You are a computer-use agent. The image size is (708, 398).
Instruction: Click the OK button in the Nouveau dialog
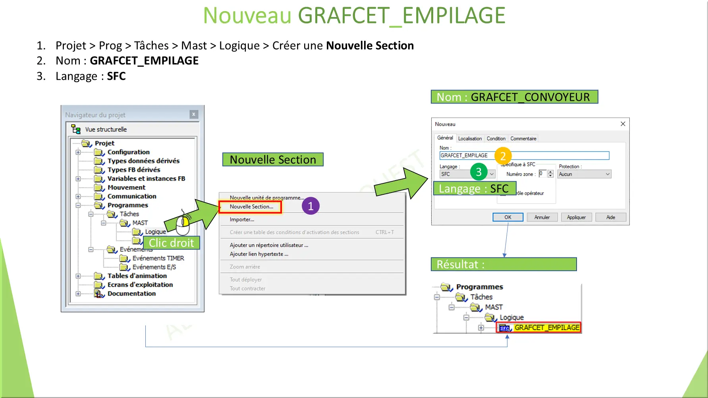507,217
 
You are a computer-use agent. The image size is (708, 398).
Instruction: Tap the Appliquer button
576,217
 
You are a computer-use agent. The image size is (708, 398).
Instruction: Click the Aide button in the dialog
610,217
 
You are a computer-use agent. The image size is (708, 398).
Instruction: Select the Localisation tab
470,138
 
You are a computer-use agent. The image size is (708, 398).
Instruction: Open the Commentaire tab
523,138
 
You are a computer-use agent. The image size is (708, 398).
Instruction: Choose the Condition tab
496,138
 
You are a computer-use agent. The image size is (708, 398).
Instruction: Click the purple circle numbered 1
311,206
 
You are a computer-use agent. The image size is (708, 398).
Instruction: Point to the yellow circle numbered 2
503,156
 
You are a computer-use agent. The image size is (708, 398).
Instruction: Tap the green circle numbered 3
478,172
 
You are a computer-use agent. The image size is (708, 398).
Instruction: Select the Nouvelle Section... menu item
251,207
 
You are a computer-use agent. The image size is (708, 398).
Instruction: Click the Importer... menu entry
242,219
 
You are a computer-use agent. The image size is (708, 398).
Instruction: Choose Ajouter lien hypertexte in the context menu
259,254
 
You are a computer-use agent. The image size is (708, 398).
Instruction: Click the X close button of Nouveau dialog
623,124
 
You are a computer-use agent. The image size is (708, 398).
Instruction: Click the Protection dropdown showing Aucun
584,174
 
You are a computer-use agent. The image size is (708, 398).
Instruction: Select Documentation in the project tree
131,294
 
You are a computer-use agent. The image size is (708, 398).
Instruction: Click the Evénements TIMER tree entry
158,258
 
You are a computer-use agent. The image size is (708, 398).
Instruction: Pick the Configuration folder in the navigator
128,152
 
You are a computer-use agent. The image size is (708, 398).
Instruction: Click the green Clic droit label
172,243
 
